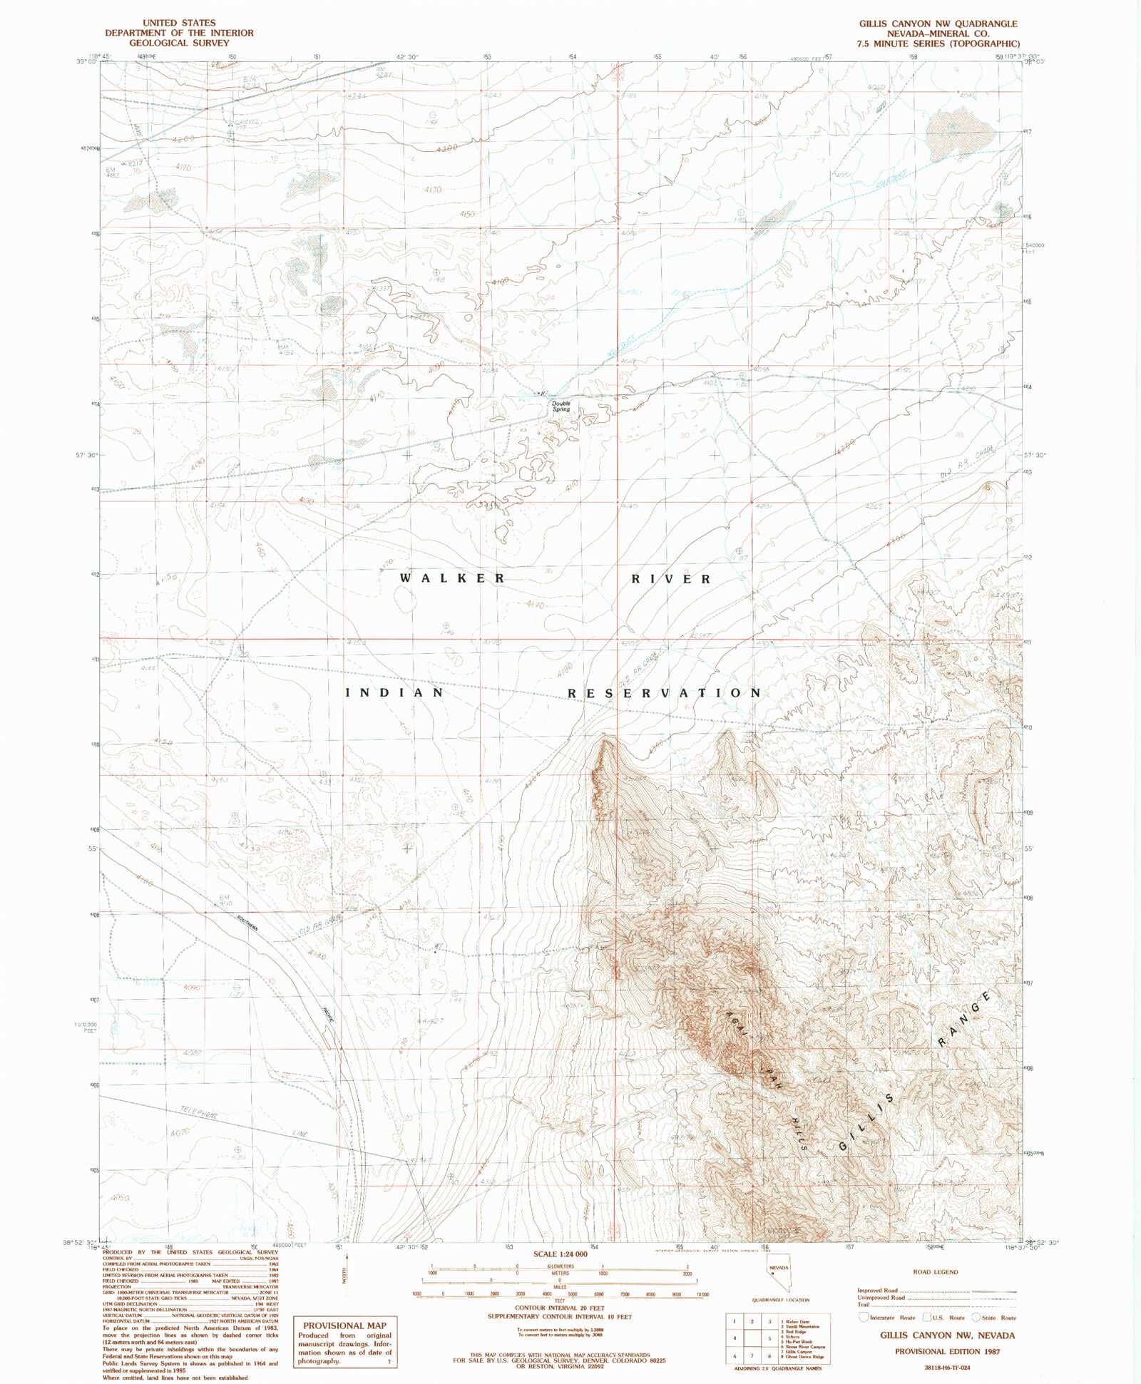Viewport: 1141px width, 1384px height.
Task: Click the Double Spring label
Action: tap(561, 406)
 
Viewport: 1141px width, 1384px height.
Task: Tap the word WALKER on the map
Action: tap(452, 578)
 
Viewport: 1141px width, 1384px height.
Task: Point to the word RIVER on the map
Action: tap(671, 579)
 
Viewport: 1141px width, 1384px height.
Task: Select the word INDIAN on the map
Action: tap(395, 692)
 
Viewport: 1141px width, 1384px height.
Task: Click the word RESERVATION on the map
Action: tap(665, 693)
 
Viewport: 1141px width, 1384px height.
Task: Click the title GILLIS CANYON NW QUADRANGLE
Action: tap(938, 24)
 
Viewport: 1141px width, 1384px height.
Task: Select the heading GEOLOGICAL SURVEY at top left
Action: tap(179, 43)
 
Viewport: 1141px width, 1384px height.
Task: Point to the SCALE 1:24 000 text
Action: tap(560, 1254)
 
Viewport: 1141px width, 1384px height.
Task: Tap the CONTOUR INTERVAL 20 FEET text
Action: tap(560, 1308)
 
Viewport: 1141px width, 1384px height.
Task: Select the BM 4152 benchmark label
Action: tap(285, 349)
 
